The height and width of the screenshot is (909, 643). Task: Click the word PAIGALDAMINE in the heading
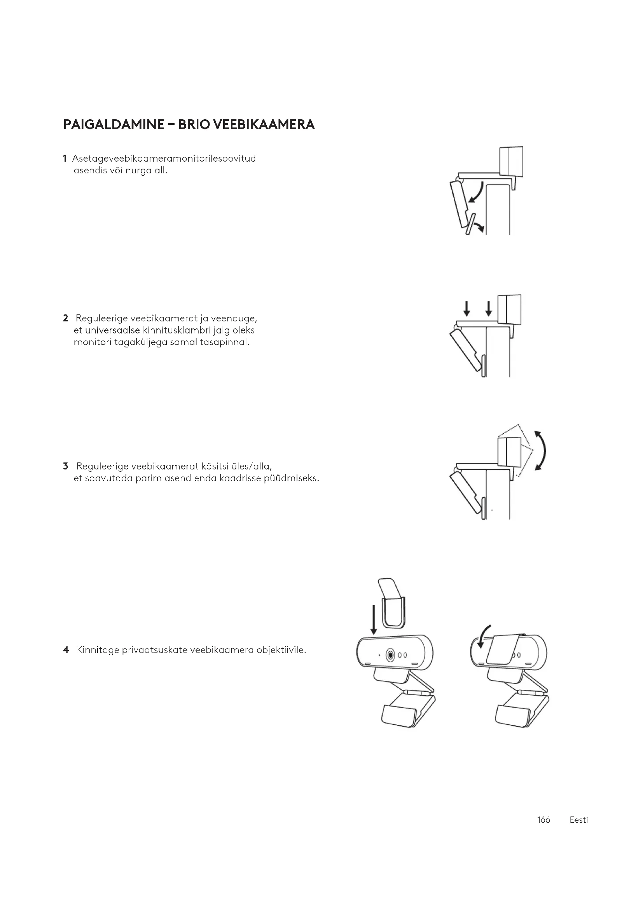113,125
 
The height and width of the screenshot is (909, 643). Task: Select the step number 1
65,159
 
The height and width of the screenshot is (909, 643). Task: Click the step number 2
65,318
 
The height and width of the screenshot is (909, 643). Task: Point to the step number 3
65,466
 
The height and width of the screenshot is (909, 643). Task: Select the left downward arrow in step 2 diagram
467,309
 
